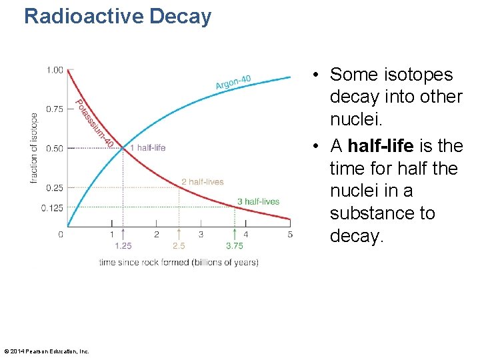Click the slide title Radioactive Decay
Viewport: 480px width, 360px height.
tap(117, 16)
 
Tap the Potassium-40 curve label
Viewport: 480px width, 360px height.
tap(95, 124)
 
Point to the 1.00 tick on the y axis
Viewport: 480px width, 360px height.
tap(55, 70)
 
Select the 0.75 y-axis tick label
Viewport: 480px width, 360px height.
tap(55, 109)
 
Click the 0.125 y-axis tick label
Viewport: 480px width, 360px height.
tap(53, 208)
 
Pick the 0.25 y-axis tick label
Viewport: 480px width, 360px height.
tap(55, 188)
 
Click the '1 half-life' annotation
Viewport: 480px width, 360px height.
tap(147, 148)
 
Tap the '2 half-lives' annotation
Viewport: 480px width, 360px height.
tap(202, 182)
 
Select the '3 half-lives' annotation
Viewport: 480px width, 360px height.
tap(258, 201)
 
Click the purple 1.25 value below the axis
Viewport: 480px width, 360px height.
tap(123, 246)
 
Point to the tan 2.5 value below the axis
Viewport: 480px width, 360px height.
tap(178, 246)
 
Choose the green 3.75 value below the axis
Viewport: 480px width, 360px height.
tap(234, 246)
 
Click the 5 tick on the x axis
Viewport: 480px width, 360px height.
tap(290, 234)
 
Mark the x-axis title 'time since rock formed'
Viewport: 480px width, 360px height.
tap(179, 263)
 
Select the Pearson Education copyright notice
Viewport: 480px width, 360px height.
tap(46, 351)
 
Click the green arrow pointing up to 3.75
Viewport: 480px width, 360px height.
tap(234, 233)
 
